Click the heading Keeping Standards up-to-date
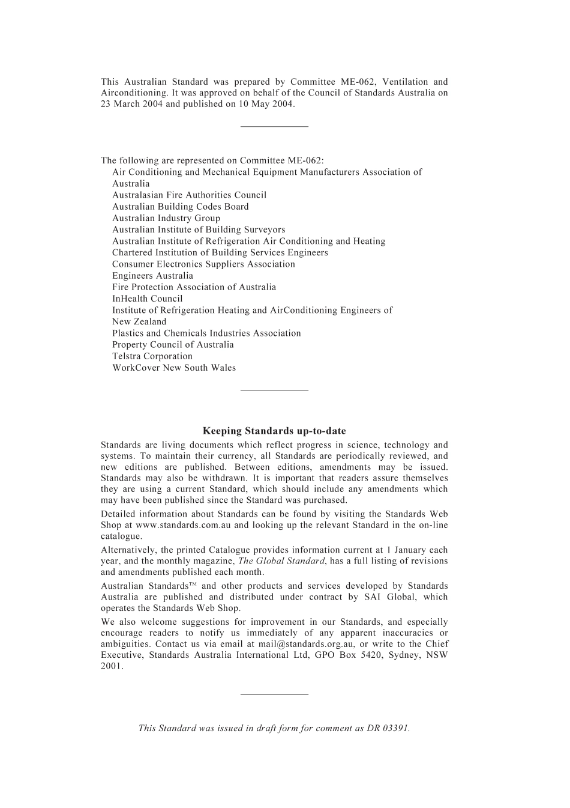tap(274, 431)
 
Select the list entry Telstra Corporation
tap(152, 356)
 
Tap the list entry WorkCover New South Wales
tap(174, 368)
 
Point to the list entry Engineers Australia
tap(152, 276)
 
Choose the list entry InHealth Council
tap(148, 299)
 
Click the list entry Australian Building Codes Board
tap(181, 207)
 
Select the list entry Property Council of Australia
tap(173, 345)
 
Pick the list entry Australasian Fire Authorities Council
tap(189, 195)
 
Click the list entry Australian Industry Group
tap(166, 218)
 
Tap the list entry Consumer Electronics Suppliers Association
tap(203, 264)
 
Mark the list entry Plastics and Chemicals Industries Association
tap(206, 333)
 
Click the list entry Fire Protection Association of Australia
tap(194, 287)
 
